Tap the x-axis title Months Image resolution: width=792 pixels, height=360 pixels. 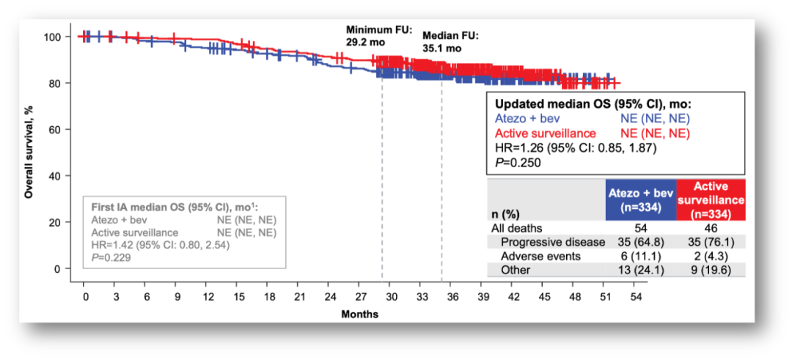[x=359, y=315]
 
